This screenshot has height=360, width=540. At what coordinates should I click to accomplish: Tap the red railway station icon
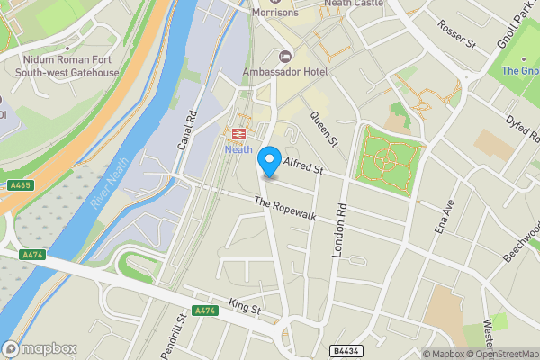[239, 134]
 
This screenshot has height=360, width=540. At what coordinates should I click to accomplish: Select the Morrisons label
[274, 13]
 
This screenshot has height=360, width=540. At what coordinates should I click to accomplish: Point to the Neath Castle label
[355, 4]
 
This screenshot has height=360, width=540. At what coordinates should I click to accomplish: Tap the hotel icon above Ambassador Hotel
[286, 57]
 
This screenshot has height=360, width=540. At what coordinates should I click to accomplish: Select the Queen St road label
[323, 128]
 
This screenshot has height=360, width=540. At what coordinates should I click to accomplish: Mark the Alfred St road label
[302, 165]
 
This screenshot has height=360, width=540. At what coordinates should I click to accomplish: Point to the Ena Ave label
[443, 217]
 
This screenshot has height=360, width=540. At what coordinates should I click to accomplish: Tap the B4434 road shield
[345, 351]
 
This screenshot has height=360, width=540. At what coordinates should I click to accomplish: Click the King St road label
[243, 309]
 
